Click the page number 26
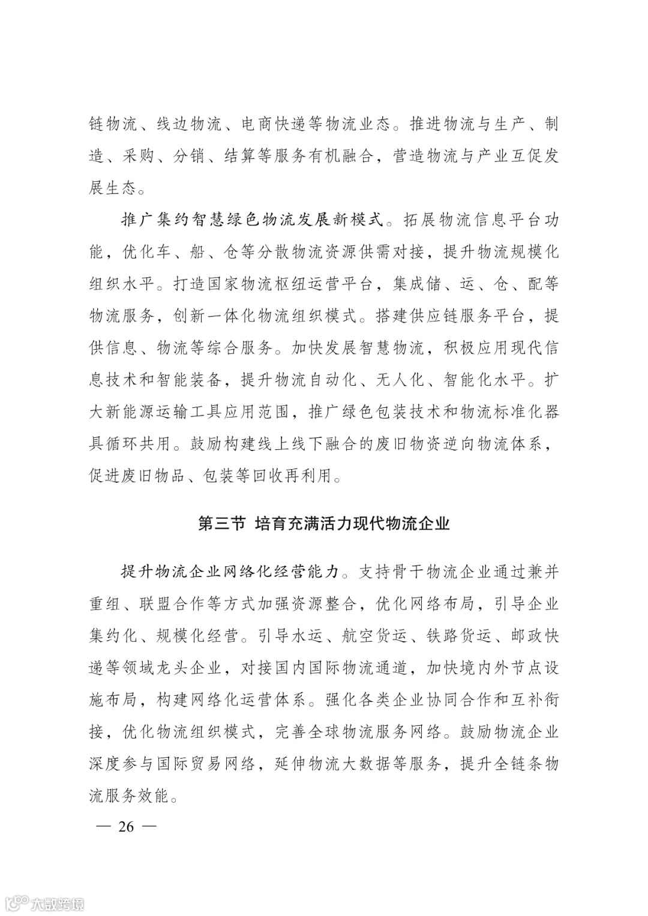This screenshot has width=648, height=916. [x=126, y=827]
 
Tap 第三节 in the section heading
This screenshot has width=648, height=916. [x=221, y=524]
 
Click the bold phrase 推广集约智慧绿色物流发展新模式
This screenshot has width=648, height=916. [x=253, y=220]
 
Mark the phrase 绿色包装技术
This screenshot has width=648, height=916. [x=392, y=412]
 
